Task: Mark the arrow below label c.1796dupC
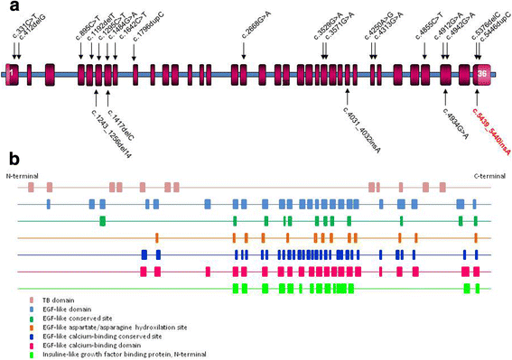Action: click(135, 56)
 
